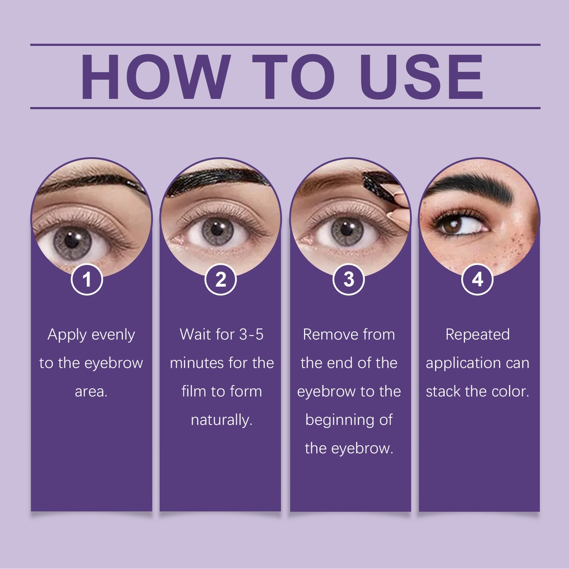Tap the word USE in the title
pos(422,77)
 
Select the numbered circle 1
pos(87,279)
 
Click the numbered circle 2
pos(221,279)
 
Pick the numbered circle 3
pos(349,279)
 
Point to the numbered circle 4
pos(477,279)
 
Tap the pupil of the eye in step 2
pos(217,229)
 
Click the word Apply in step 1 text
pos(67,335)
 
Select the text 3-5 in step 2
pos(251,334)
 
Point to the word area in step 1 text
pos(91,392)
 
